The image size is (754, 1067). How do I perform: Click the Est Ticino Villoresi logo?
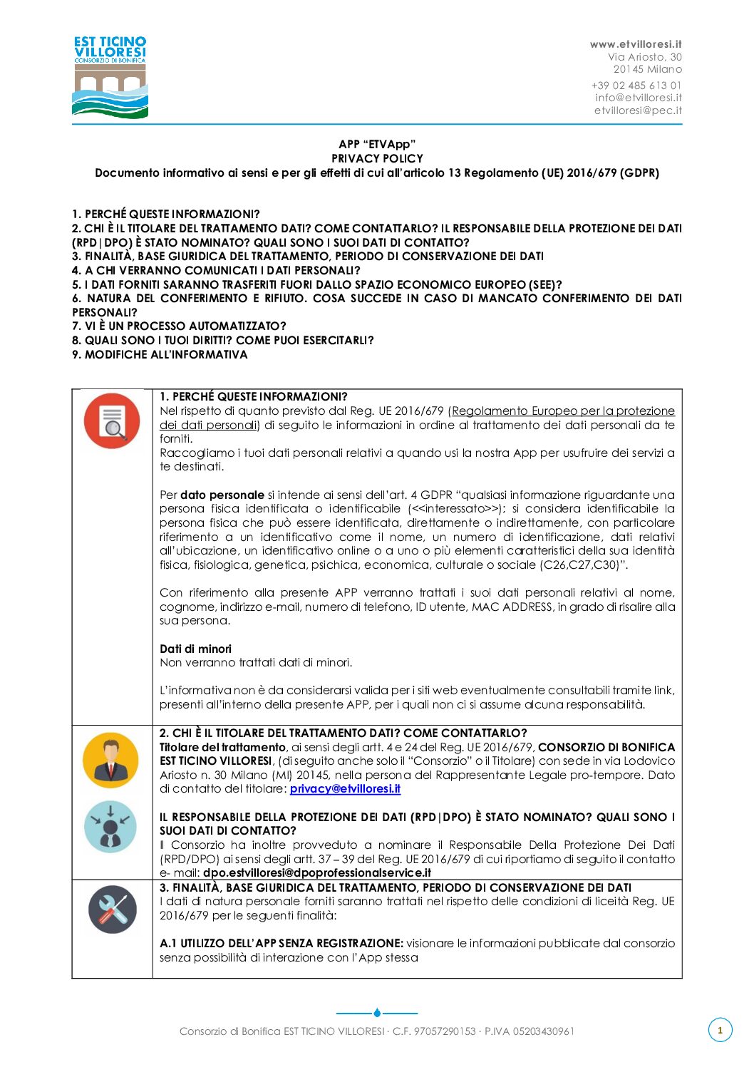(110, 77)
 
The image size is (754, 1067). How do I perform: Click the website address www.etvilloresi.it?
(636, 44)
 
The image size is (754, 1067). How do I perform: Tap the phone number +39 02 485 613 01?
(636, 86)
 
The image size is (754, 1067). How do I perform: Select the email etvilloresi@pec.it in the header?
(638, 110)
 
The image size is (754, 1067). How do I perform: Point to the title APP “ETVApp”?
(377, 145)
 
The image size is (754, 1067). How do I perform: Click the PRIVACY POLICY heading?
(377, 159)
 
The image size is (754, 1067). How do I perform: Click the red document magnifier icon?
(112, 421)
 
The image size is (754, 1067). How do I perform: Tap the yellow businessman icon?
(110, 760)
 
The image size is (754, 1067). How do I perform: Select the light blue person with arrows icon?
(110, 827)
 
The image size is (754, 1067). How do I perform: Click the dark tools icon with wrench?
(112, 909)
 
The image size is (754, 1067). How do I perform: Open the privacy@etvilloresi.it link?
(345, 789)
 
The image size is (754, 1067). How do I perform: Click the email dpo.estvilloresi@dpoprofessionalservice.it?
(317, 872)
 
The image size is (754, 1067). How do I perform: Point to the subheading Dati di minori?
(195, 649)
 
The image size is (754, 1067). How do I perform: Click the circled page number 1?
(720, 1030)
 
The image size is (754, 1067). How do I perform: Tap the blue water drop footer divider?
(377, 1012)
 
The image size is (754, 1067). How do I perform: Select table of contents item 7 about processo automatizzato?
(179, 326)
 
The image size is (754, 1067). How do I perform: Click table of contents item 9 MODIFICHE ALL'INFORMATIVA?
(160, 354)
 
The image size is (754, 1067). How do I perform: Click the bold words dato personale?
(222, 495)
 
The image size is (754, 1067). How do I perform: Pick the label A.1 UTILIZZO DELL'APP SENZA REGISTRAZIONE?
(282, 944)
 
